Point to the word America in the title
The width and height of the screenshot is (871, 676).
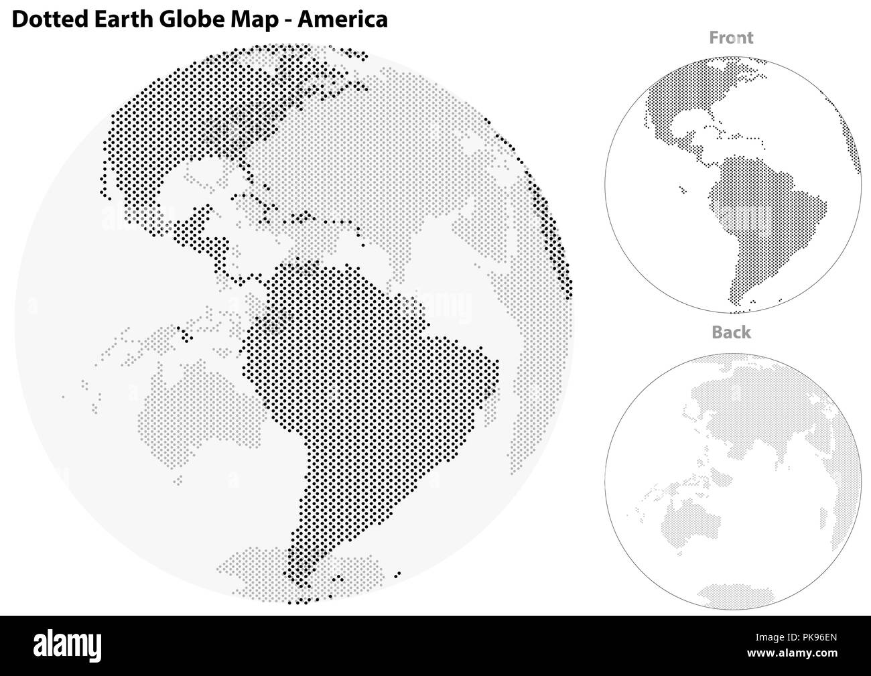(x=344, y=19)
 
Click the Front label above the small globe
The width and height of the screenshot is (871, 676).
(x=731, y=38)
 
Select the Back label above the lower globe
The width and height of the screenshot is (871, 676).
(x=731, y=332)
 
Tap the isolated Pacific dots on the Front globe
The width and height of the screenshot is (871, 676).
(x=682, y=190)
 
